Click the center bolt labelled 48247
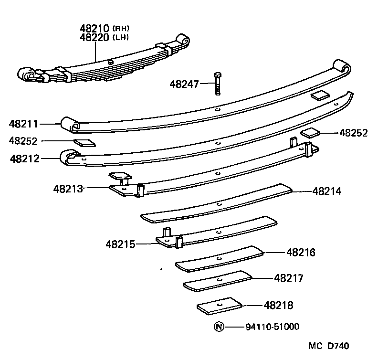point(218,84)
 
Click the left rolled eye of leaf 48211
point(69,124)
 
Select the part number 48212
point(24,158)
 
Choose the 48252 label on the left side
point(24,141)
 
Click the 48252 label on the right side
point(354,133)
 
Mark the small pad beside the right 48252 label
point(310,132)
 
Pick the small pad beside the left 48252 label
point(84,142)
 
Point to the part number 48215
point(121,244)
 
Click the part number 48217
point(289,278)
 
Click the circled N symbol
point(219,327)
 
